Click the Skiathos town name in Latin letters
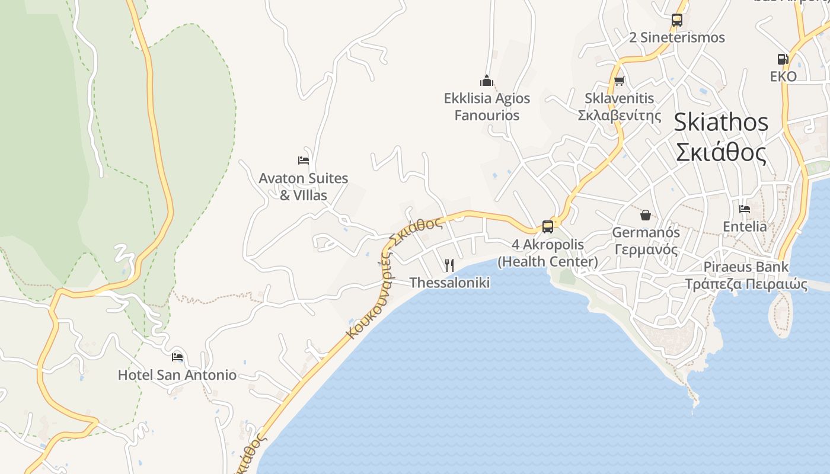coord(721,122)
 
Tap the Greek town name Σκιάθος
coord(721,152)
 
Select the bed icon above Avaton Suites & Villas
coord(304,160)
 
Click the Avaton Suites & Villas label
coord(304,186)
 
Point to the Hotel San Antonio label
coord(177,375)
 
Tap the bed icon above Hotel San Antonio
coord(177,357)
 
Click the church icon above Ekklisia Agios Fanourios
coord(487,81)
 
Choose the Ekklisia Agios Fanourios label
coord(487,107)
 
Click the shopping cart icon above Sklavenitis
coord(620,81)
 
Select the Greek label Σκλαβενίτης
coord(620,115)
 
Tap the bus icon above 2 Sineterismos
coord(677,20)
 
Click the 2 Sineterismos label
coord(677,37)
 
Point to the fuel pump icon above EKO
coord(783,59)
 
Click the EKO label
coord(783,76)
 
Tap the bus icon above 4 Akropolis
coord(548,226)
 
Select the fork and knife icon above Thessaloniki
coord(449,265)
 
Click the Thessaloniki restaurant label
coord(449,283)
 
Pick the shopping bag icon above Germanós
coord(646,214)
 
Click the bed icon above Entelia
coord(745,209)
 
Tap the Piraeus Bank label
coord(746,267)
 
